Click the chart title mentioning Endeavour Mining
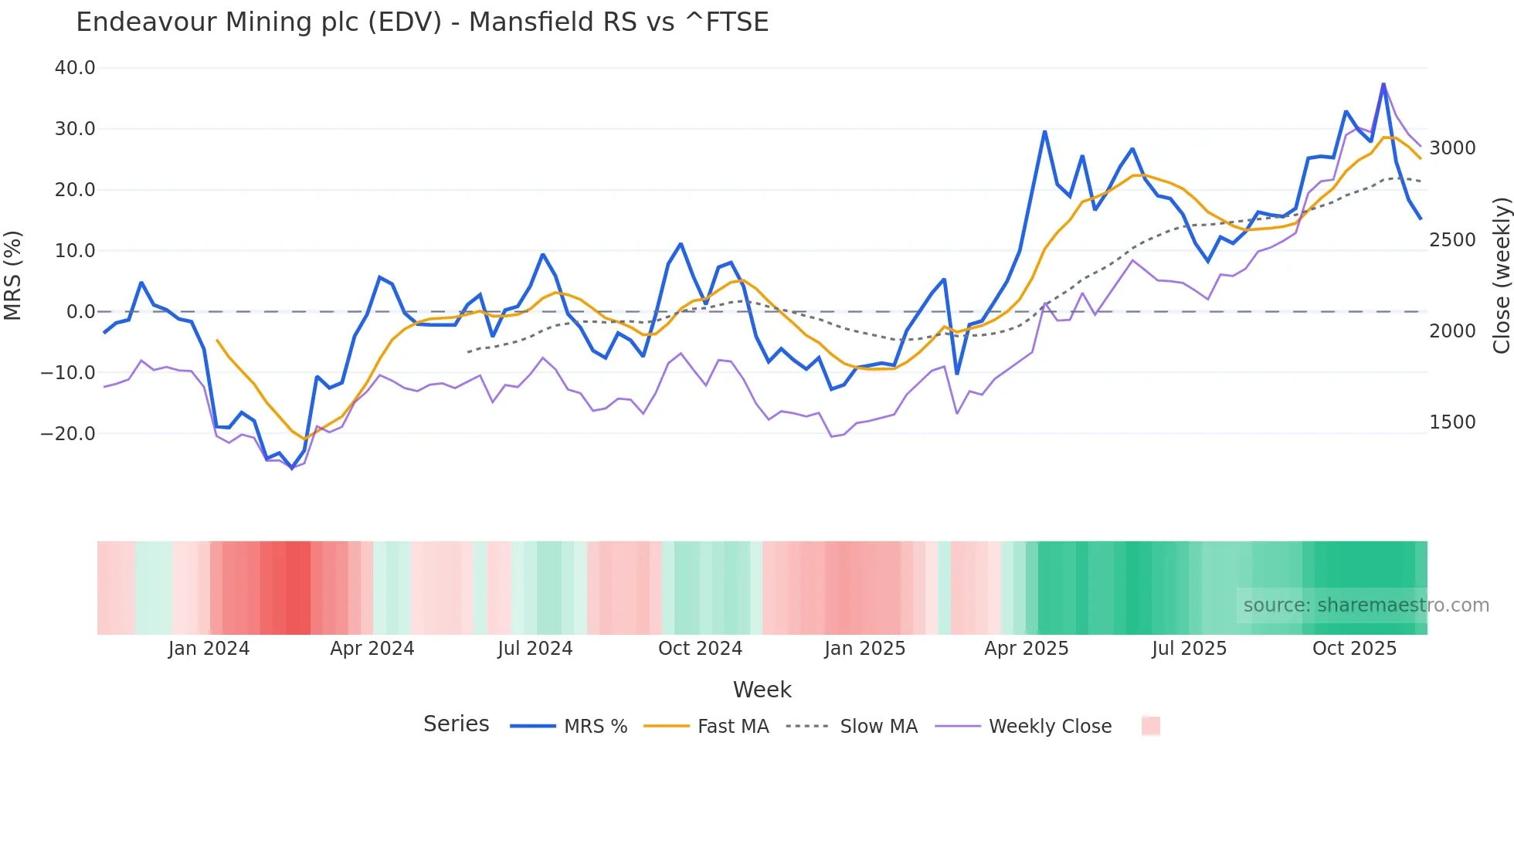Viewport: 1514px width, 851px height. (422, 22)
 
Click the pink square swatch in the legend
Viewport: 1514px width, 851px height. (1150, 726)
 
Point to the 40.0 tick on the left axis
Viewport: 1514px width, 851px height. (75, 68)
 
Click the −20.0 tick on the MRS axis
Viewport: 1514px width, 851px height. (68, 434)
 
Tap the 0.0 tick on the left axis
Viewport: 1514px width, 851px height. (80, 312)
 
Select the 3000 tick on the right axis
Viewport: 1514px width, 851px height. (1452, 148)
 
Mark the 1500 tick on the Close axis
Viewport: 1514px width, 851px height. (1452, 422)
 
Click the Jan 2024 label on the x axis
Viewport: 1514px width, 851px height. (209, 649)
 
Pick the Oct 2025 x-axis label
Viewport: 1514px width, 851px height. (1354, 649)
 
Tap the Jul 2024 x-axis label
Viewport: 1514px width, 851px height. (535, 649)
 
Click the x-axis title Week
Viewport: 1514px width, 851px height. (762, 690)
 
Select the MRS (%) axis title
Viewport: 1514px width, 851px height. (13, 276)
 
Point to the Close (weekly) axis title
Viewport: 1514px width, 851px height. (1501, 276)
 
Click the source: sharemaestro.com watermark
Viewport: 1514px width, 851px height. (1366, 605)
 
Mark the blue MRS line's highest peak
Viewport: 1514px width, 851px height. (1383, 83)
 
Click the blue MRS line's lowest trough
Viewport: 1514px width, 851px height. (292, 468)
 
